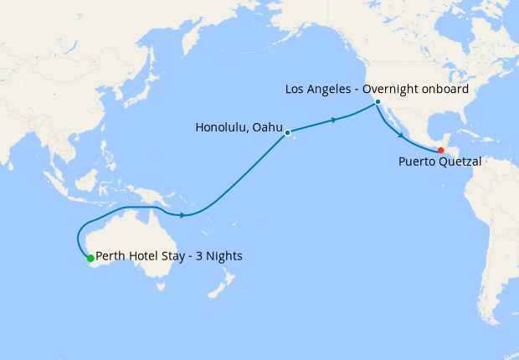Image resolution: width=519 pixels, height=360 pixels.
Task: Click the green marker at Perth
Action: pos(90,259)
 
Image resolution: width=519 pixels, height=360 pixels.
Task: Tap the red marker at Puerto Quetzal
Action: pos(441,151)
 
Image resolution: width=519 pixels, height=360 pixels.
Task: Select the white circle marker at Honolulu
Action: pos(287,132)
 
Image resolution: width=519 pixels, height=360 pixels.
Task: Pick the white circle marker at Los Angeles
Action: pos(378,102)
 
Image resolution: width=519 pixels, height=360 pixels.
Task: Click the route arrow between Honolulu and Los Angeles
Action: pos(335,120)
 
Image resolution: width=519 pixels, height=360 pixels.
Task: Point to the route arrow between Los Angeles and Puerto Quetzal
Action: pos(403,134)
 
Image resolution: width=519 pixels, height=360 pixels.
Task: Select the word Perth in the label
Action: pos(111,256)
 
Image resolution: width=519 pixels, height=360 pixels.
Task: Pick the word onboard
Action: pos(447,88)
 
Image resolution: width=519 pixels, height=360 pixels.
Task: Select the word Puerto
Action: pos(416,162)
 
